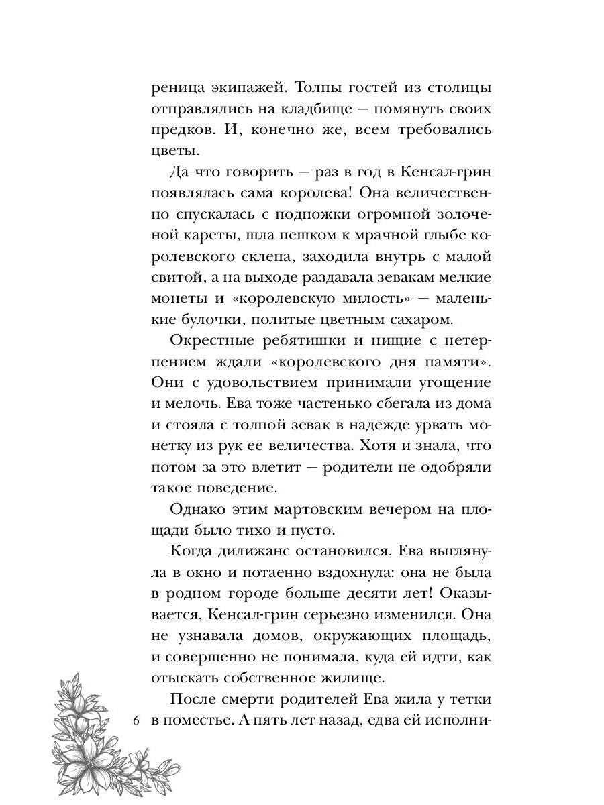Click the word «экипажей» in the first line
tap(238, 89)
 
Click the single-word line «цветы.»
tap(172, 152)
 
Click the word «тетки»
tap(470, 700)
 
